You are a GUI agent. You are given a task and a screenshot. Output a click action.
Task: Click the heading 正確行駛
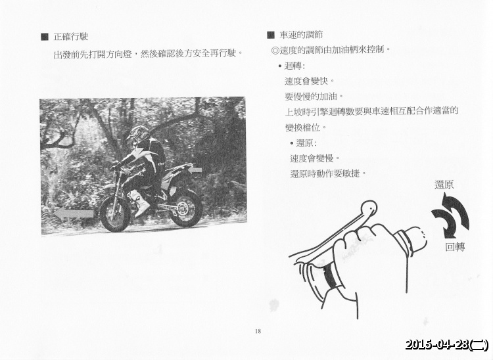pyautogui.click(x=71, y=37)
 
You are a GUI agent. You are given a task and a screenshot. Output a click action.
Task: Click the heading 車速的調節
pyautogui.click(x=301, y=35)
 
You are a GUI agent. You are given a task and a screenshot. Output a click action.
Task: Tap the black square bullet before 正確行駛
pyautogui.click(x=45, y=37)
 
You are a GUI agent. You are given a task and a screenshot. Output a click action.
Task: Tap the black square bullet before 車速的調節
pyautogui.click(x=271, y=35)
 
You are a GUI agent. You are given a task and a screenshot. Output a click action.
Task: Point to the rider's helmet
pyautogui.click(x=139, y=135)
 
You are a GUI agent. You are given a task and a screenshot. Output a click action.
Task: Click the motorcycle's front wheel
pyautogui.click(x=115, y=215)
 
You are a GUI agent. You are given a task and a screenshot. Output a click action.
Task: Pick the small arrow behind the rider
pyautogui.click(x=195, y=171)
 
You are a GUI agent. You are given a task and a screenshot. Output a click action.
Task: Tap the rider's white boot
pyautogui.click(x=139, y=204)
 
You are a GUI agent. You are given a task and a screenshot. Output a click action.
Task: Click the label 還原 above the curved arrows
pyautogui.click(x=444, y=185)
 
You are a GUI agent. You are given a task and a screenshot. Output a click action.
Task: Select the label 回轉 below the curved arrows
pyautogui.click(x=455, y=247)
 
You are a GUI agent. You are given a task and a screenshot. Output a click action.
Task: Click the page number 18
pyautogui.click(x=258, y=331)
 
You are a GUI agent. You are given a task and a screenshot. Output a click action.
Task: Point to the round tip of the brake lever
pyautogui.click(x=369, y=208)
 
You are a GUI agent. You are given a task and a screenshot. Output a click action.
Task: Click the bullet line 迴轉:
pyautogui.click(x=292, y=66)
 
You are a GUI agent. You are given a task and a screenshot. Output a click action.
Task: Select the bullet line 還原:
pyautogui.click(x=304, y=143)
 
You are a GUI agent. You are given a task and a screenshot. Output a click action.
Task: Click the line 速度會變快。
pyautogui.click(x=310, y=81)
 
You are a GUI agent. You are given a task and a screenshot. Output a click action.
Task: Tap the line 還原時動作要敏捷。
pyautogui.click(x=328, y=173)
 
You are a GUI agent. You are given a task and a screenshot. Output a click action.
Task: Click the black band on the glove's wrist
pyautogui.click(x=329, y=276)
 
